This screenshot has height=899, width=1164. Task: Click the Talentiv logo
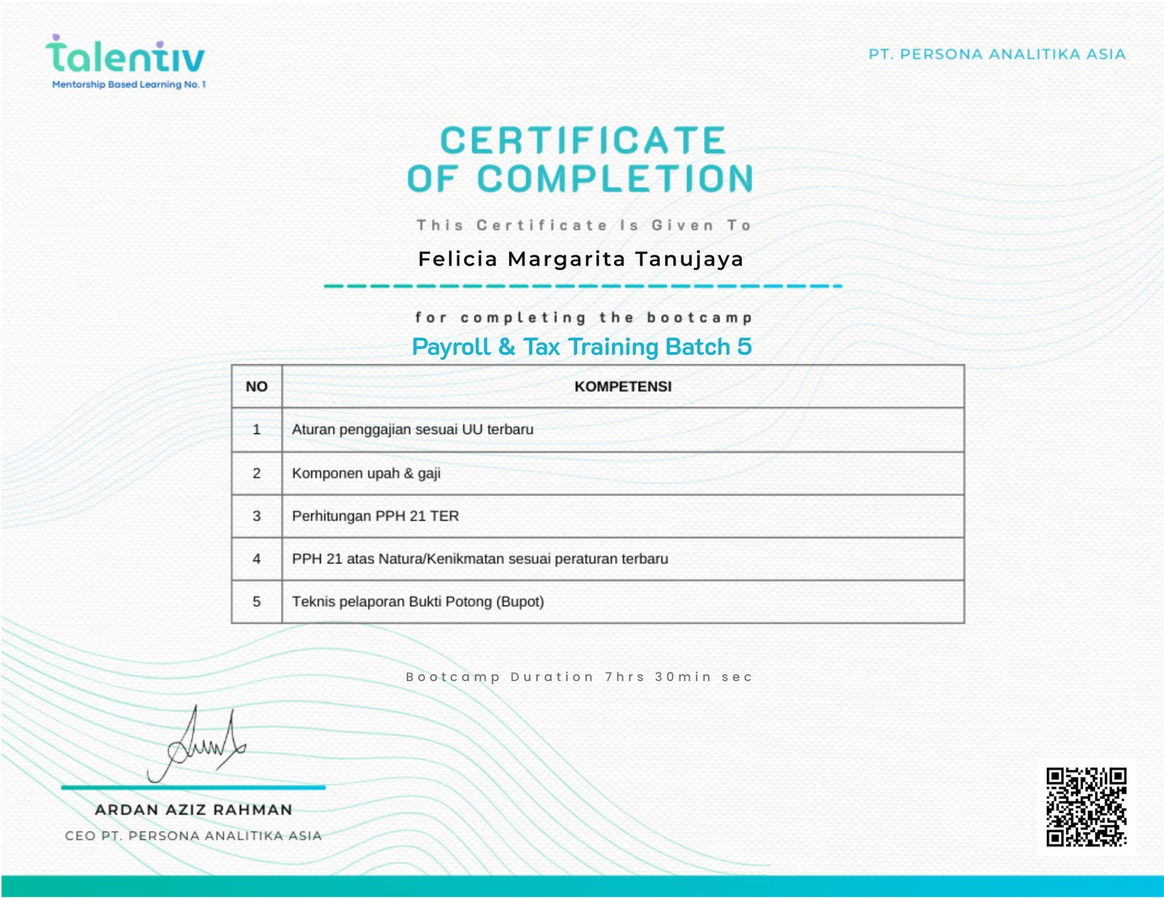click(x=125, y=57)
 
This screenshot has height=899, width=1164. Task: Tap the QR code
click(x=1085, y=807)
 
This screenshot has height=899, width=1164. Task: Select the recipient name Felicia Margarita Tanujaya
click(x=581, y=259)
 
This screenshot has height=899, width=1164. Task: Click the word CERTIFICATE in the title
click(x=583, y=140)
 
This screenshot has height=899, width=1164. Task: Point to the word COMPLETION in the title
click(x=615, y=179)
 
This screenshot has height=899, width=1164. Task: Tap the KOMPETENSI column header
click(x=623, y=386)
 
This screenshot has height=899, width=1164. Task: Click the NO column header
click(x=256, y=386)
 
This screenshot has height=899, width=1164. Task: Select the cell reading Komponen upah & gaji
click(x=366, y=474)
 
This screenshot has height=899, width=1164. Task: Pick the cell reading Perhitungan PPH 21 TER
click(x=375, y=516)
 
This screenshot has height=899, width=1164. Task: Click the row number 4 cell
click(x=256, y=559)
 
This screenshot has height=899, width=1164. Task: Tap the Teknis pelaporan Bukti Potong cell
click(x=418, y=602)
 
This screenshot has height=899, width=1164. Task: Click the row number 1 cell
click(x=256, y=429)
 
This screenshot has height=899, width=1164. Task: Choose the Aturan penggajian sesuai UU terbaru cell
click(x=412, y=429)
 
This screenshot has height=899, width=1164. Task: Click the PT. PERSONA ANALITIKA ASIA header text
click(x=997, y=55)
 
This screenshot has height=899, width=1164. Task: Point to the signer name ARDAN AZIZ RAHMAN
click(x=194, y=810)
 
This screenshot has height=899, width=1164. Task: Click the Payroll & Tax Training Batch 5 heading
click(x=581, y=347)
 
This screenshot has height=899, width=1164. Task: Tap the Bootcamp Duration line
click(x=578, y=677)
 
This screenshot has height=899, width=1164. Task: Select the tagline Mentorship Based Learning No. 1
click(x=129, y=84)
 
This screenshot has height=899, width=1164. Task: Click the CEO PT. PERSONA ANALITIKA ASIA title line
click(x=194, y=836)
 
